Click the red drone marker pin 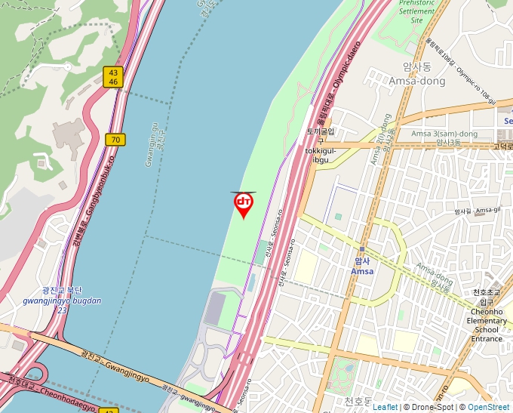[x=243, y=204]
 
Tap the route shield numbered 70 [x=115, y=140]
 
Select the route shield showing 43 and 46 [x=112, y=76]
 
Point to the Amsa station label [x=362, y=271]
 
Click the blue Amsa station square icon [x=362, y=249]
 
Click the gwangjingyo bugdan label [x=62, y=301]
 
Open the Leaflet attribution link [x=385, y=407]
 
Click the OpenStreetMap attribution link [x=488, y=407]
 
